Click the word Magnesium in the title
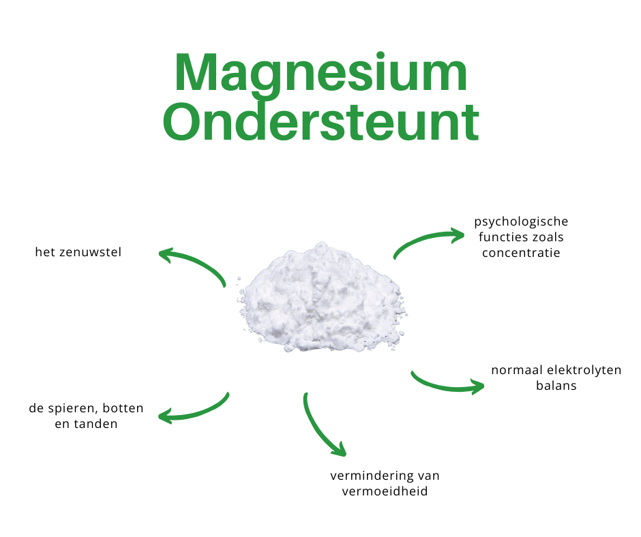320,73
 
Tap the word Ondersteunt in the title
320,123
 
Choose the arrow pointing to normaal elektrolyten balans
447,385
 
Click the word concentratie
521,253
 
